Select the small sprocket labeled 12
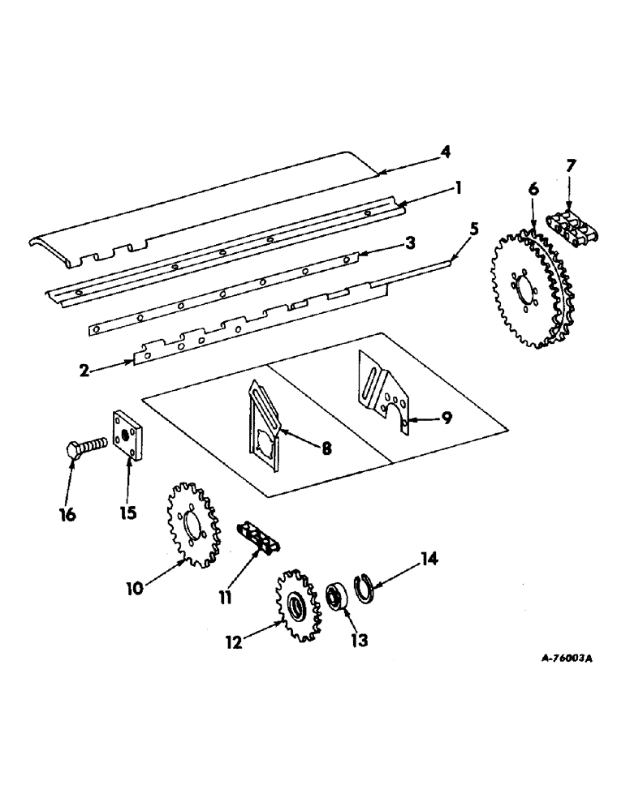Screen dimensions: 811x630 298,607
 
